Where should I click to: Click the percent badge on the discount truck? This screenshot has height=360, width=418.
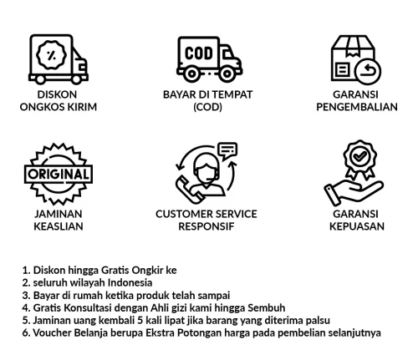(51, 55)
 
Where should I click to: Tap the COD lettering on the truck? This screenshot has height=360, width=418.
(199, 53)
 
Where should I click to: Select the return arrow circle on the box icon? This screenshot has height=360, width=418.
(368, 71)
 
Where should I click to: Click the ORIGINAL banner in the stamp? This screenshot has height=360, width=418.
(59, 175)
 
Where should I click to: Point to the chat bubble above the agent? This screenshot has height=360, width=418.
(227, 150)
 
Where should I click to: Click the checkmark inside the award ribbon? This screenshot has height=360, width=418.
(359, 156)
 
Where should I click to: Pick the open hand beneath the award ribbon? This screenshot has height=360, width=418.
(354, 192)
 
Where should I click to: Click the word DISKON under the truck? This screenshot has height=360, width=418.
(57, 94)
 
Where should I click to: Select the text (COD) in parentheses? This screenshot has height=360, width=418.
(207, 107)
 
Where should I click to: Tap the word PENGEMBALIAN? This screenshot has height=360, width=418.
(357, 107)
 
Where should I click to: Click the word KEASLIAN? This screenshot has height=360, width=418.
(59, 226)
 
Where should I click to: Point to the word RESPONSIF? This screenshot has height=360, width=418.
(206, 226)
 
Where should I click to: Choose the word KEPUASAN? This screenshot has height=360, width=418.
(357, 226)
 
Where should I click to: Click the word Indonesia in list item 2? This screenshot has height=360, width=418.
(130, 282)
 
